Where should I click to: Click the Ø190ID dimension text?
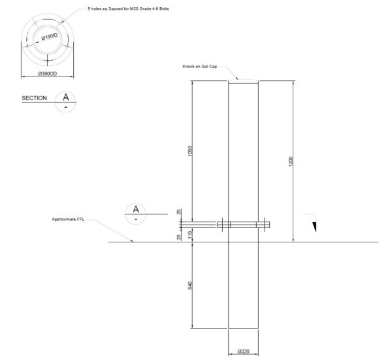(x=50, y=38)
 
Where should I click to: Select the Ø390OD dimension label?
(x=50, y=74)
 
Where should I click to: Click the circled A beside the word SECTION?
(x=65, y=97)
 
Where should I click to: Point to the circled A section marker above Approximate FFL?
(x=135, y=209)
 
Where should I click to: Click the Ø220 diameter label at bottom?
(x=243, y=352)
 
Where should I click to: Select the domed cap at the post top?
(x=243, y=79)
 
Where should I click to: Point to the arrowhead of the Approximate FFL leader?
(x=133, y=241)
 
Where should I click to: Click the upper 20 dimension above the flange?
(x=178, y=212)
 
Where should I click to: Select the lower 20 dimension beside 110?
(x=178, y=237)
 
